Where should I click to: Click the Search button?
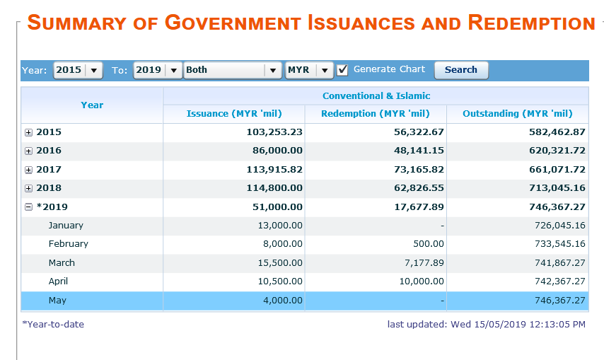(x=461, y=70)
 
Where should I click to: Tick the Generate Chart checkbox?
(x=342, y=70)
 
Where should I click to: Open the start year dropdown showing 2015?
(x=78, y=70)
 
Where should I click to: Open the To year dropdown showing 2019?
(x=158, y=70)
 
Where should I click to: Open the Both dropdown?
(x=233, y=70)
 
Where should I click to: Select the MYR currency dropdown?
(x=309, y=70)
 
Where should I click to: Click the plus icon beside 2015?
(x=28, y=132)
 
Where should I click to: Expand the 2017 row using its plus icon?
(x=28, y=170)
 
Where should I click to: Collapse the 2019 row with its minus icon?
(x=28, y=207)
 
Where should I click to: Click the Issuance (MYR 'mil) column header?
(x=234, y=114)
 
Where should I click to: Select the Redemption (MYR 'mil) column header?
(x=376, y=114)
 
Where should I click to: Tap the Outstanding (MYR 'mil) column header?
(x=518, y=114)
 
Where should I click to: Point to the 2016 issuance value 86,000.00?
(x=277, y=151)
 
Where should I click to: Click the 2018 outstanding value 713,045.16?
(x=557, y=188)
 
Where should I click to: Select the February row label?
(x=68, y=244)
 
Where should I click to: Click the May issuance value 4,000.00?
(x=283, y=301)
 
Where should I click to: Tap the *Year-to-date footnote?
(x=53, y=324)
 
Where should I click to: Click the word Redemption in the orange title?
(x=532, y=23)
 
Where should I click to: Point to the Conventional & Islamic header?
(x=376, y=96)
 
